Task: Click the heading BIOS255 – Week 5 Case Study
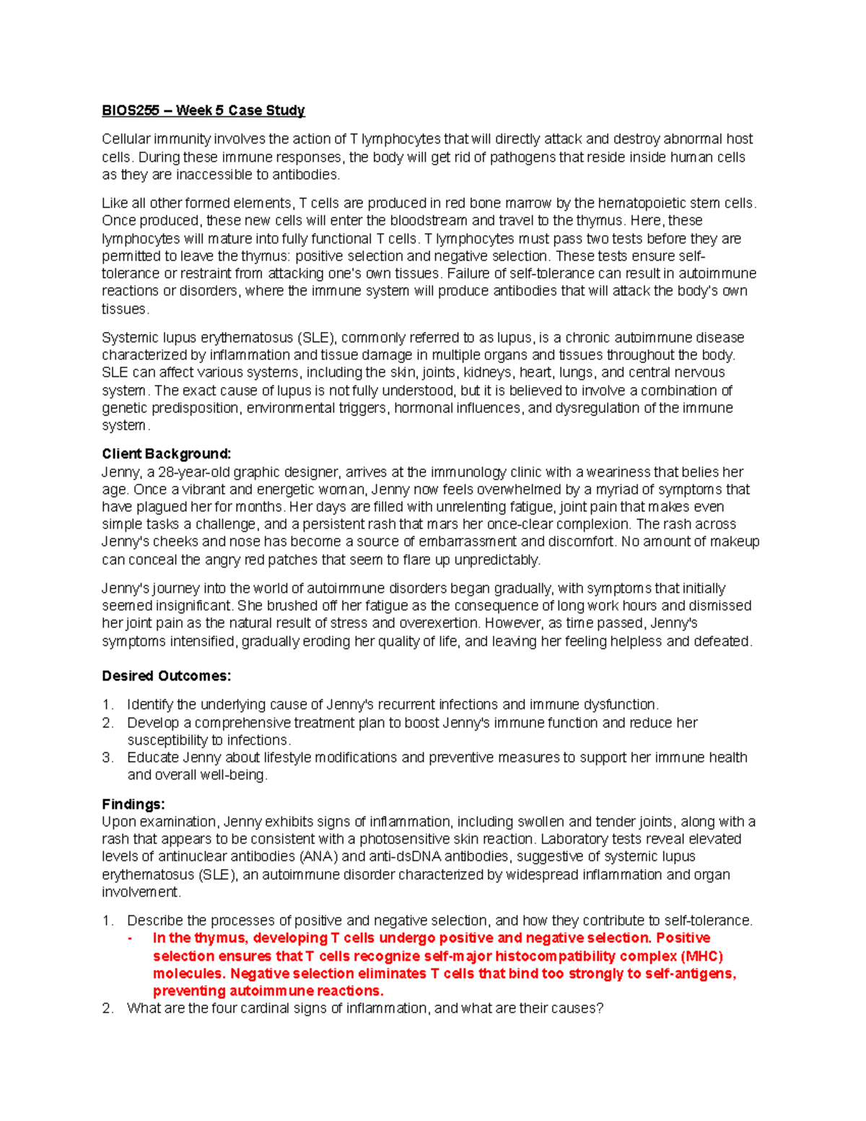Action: (203, 110)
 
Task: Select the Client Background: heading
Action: (166, 454)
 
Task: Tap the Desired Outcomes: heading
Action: (166, 676)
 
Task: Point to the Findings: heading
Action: (133, 804)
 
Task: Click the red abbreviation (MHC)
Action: (701, 956)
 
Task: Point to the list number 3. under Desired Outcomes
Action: (108, 758)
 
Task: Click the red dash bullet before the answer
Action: (130, 938)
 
